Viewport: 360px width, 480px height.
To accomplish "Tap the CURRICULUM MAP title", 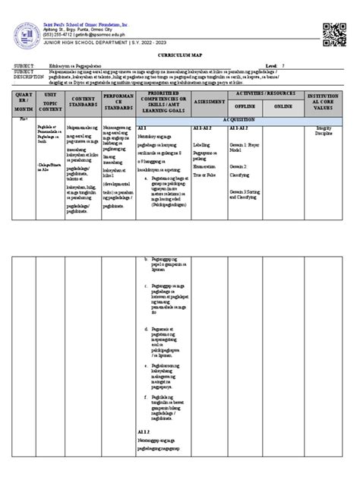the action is (179, 56).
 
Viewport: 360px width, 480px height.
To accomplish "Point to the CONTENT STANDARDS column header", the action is (83, 101).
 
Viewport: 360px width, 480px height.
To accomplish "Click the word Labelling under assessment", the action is (202, 144).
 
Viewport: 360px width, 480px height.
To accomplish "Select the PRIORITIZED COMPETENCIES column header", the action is (165, 101).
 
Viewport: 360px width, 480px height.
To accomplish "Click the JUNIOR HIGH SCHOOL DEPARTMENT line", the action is (93, 42).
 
